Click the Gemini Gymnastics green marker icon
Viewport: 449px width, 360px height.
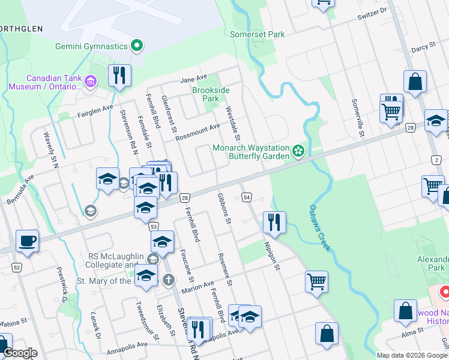click(137, 46)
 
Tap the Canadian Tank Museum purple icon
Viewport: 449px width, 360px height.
click(91, 80)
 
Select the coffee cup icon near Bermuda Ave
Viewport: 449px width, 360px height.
click(27, 241)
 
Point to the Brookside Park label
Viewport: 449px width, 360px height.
click(211, 94)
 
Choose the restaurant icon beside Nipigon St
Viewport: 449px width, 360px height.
click(274, 222)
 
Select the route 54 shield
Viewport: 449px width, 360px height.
click(247, 197)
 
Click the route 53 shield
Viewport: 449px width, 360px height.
click(154, 226)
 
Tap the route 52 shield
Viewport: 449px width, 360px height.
click(16, 266)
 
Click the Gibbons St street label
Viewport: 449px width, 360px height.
click(224, 208)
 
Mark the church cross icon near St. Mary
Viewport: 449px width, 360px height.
click(169, 280)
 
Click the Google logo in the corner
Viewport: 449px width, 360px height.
click(20, 353)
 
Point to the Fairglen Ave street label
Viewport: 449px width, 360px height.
click(95, 109)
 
